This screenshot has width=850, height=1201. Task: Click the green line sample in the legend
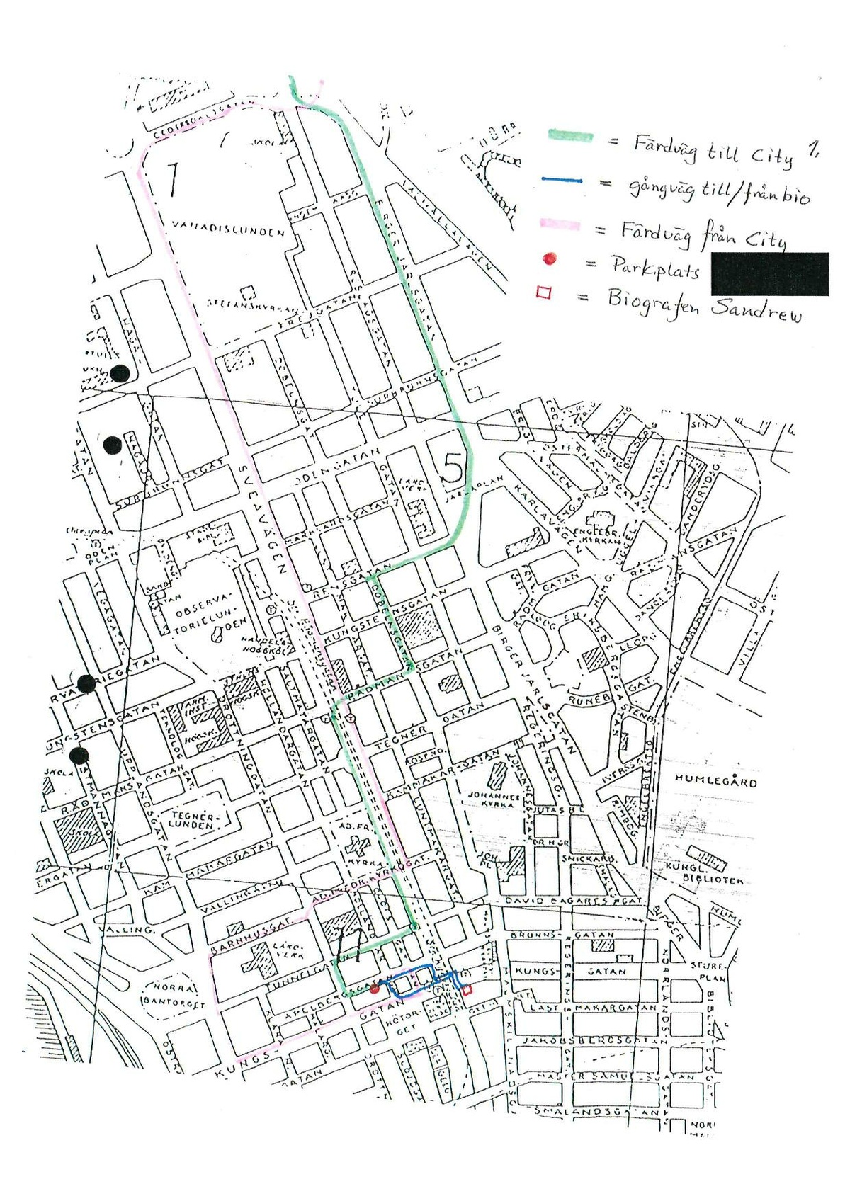(x=570, y=136)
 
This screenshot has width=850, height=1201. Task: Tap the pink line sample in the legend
(x=560, y=225)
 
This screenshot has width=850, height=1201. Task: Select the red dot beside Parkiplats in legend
(x=549, y=259)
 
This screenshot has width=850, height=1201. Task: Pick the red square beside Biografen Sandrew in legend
(x=543, y=292)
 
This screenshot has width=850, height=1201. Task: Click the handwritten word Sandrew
(x=756, y=309)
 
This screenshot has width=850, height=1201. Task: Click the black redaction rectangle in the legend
(x=770, y=273)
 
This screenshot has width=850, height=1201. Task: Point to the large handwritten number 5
(x=453, y=467)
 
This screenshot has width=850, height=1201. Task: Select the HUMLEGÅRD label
(x=715, y=781)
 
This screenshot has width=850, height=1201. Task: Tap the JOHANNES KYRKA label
(x=494, y=799)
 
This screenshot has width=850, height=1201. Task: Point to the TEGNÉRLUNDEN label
(x=192, y=820)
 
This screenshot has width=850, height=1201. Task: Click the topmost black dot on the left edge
(x=120, y=373)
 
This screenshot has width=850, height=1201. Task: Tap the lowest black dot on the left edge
(x=79, y=755)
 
